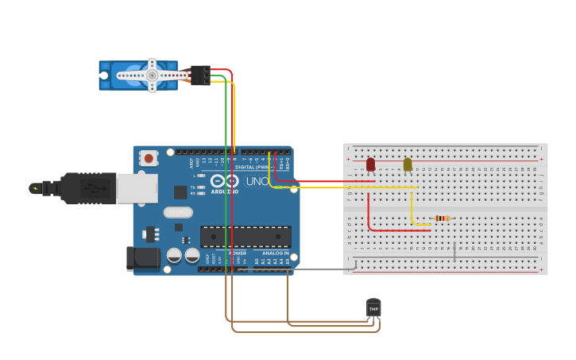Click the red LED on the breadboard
[x=370, y=164]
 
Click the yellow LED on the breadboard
[x=408, y=164]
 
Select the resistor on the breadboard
[x=442, y=219]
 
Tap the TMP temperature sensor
[x=373, y=308]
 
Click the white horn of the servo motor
[x=151, y=75]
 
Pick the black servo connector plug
[x=200, y=75]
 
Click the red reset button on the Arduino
[x=149, y=158]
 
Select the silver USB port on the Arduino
[x=137, y=188]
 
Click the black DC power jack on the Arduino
[x=143, y=258]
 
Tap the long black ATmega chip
[x=245, y=236]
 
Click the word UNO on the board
[x=257, y=181]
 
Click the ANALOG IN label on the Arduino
[x=276, y=253]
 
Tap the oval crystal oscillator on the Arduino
[x=178, y=212]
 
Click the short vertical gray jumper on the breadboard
[x=454, y=252]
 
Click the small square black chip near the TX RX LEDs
[x=180, y=192]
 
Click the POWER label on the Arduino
[x=238, y=253]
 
